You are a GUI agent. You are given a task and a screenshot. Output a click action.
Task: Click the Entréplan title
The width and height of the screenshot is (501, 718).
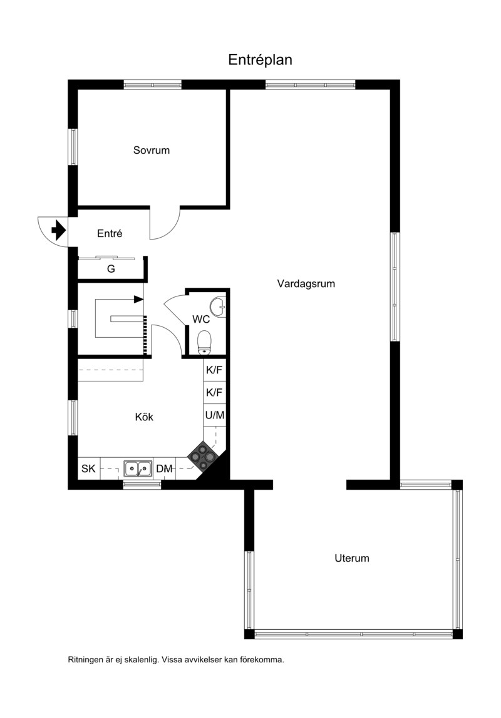(x=260, y=60)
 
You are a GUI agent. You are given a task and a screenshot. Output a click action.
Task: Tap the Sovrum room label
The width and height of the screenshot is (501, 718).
(x=152, y=150)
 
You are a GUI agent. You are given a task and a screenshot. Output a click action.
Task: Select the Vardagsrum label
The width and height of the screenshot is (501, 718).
(x=306, y=283)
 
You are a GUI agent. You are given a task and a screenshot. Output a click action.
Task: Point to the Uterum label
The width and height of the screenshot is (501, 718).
(x=351, y=558)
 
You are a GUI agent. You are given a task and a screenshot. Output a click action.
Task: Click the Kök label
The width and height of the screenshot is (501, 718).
(x=144, y=417)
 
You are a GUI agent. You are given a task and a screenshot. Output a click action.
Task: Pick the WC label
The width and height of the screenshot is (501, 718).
(x=201, y=319)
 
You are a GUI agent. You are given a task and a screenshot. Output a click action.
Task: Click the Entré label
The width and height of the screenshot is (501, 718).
(x=110, y=233)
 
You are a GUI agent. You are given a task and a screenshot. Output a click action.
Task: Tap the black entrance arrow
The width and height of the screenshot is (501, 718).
(x=58, y=230)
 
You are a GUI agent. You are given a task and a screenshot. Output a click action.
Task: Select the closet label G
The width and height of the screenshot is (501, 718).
(x=111, y=269)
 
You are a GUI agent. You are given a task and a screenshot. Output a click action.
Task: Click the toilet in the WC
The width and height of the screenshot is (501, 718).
(x=204, y=343)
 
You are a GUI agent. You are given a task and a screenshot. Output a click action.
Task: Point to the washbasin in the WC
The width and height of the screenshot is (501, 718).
(x=218, y=306)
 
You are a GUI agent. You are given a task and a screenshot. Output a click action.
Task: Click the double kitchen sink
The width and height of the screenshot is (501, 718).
(x=138, y=468)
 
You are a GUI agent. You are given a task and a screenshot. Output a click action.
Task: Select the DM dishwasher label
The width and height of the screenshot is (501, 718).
(x=164, y=469)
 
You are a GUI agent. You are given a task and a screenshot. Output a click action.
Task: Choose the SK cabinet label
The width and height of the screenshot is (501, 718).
(x=88, y=469)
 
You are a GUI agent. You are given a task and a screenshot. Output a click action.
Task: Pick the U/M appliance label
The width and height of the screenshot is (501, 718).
(x=215, y=415)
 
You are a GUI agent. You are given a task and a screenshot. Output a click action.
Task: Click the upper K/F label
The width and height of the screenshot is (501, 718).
(x=214, y=370)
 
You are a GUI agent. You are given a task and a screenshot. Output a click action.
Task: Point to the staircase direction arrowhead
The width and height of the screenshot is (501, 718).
(x=138, y=300)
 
